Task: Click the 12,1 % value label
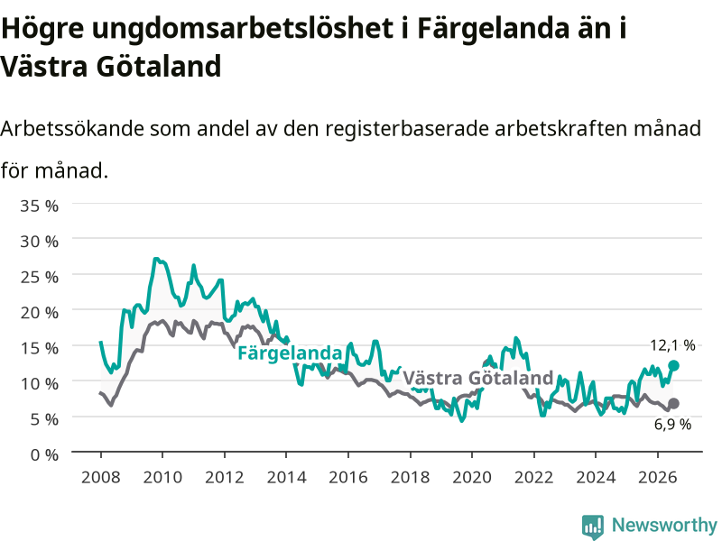click(x=672, y=345)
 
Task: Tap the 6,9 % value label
click(x=672, y=424)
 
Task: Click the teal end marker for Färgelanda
click(x=673, y=366)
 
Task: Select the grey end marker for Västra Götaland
click(x=673, y=403)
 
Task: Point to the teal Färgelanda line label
click(x=290, y=353)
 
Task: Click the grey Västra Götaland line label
click(x=478, y=378)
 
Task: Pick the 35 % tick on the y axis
click(x=39, y=206)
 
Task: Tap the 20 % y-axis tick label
click(x=39, y=312)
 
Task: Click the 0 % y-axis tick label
click(x=44, y=455)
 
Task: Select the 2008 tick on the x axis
click(x=101, y=477)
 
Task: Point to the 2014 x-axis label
click(x=286, y=477)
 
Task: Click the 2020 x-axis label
click(x=472, y=477)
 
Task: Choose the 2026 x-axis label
click(x=658, y=477)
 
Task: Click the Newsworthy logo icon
click(x=593, y=527)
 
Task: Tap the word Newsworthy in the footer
click(x=664, y=525)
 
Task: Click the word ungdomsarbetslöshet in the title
click(x=243, y=29)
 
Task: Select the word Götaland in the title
click(x=159, y=66)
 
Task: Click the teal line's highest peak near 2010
click(x=155, y=259)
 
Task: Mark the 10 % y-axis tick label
click(x=39, y=384)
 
